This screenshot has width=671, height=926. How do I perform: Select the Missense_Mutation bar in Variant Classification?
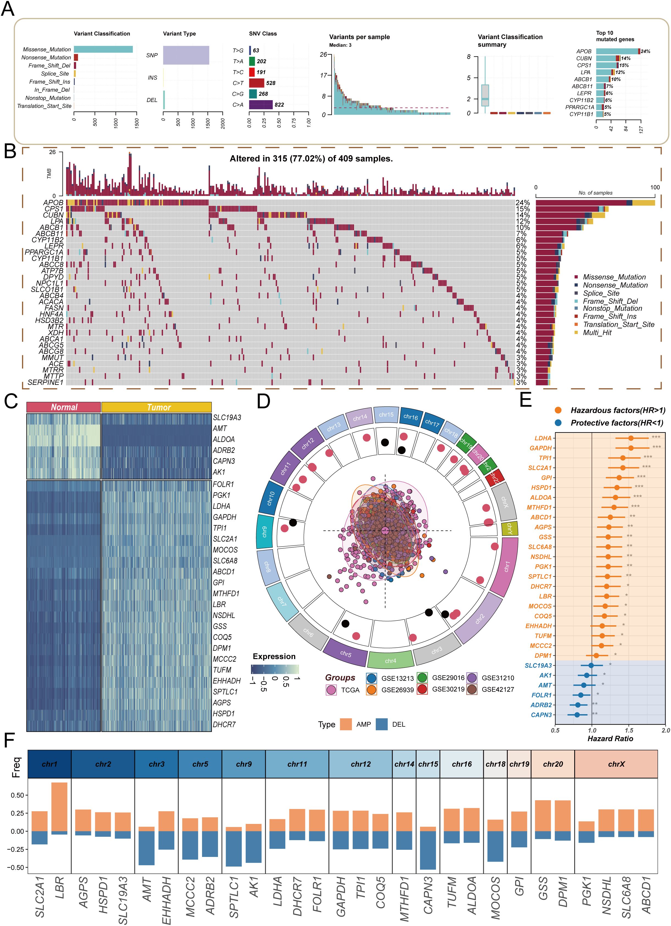(103, 50)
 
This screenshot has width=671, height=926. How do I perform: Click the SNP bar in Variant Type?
(186, 55)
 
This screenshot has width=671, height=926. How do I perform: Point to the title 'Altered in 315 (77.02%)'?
(311, 159)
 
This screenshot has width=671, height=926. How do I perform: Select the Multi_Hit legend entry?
(597, 332)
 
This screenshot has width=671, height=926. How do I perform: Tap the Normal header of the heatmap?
(63, 407)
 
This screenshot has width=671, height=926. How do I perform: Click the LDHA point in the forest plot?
(631, 438)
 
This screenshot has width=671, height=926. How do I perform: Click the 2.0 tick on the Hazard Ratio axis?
(665, 730)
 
